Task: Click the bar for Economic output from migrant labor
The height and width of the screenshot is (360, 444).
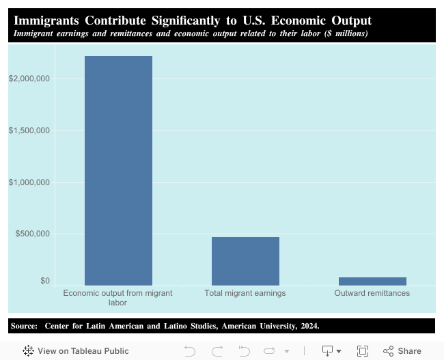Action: point(118,171)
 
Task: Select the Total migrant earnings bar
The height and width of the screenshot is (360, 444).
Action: point(245,261)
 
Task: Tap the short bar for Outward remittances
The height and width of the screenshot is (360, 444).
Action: point(372,281)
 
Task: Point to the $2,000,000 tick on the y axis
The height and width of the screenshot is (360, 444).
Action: point(29,79)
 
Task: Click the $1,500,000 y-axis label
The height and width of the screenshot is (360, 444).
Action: point(29,130)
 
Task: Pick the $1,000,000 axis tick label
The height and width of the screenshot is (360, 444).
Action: point(29,182)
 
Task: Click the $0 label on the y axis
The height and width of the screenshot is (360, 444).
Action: point(44,281)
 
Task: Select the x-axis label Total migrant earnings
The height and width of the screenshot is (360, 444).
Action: point(245,293)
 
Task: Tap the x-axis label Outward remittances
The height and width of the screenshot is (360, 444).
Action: point(372,293)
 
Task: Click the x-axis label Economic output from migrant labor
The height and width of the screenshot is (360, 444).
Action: point(117,297)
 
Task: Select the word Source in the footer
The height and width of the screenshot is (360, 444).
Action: point(25,326)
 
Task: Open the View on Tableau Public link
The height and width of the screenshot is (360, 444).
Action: point(76,350)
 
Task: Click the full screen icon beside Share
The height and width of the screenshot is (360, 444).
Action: point(363,350)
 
